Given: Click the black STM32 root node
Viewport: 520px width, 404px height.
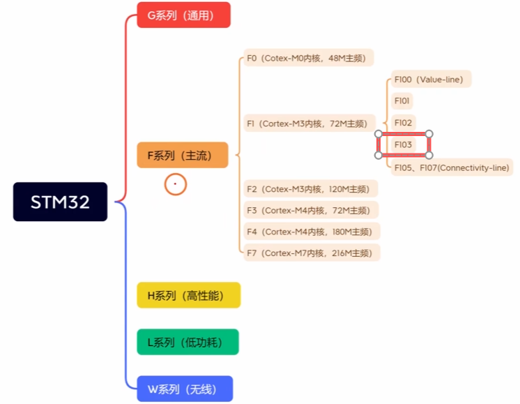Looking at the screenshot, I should click(x=60, y=202).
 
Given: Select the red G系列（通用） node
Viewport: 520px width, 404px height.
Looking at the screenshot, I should click(x=183, y=15).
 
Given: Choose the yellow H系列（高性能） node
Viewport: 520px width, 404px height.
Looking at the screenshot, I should click(x=188, y=295).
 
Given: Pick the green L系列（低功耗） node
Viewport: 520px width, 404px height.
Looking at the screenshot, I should click(x=188, y=342).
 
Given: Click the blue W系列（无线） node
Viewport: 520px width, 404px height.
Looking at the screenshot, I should click(x=185, y=388).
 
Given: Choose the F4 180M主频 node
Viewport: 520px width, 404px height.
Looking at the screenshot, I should click(x=313, y=232).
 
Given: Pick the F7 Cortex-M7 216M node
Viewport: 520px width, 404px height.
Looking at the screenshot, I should click(x=313, y=253).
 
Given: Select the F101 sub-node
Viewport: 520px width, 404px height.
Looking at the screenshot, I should click(x=402, y=101).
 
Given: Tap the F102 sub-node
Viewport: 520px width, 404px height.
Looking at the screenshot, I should click(x=404, y=123).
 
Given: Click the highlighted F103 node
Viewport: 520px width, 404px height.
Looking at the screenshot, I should click(x=404, y=144).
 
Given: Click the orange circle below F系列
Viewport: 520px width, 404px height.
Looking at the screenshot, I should click(x=176, y=184).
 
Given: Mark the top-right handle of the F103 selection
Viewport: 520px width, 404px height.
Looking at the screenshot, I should click(x=429, y=134).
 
